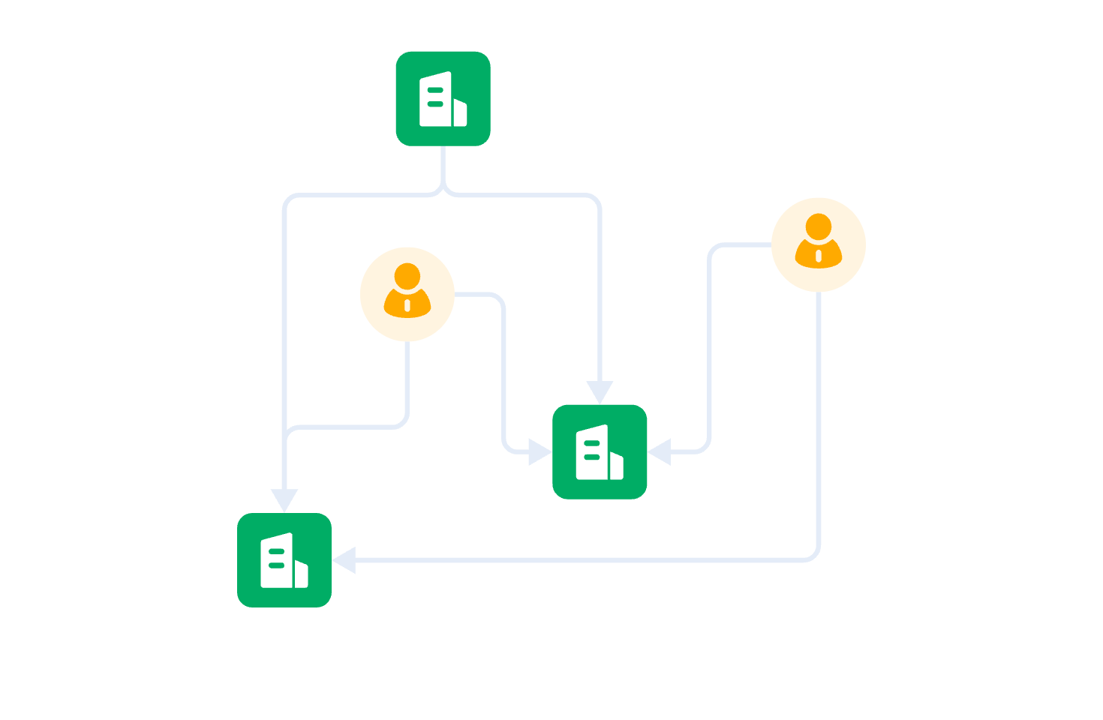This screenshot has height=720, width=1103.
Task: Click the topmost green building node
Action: point(443,98)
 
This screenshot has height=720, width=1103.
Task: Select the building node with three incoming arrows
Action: point(600,451)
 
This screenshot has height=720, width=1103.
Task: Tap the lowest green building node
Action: point(284,560)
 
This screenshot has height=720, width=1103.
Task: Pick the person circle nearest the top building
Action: point(407,294)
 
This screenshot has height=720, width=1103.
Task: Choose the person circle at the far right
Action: point(819,244)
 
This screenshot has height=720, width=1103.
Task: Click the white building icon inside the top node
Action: point(443,99)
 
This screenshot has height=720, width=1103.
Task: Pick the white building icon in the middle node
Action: point(600,452)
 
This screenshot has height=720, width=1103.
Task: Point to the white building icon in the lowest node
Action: point(284,561)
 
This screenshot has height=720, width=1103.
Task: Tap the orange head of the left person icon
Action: point(407,275)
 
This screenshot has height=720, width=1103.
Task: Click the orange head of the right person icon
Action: point(819,226)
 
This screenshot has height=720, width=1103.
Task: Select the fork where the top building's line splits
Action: point(443,190)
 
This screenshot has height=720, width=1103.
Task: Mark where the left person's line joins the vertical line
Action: point(286,434)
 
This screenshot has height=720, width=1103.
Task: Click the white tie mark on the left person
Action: point(407,305)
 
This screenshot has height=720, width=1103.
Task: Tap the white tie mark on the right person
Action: point(819,256)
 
